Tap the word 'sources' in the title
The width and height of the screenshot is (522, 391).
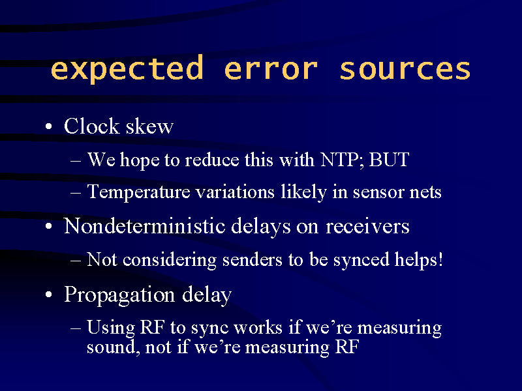[x=405, y=69]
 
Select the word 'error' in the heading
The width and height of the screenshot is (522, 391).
[x=271, y=69]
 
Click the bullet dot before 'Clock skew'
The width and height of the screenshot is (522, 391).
[x=48, y=126]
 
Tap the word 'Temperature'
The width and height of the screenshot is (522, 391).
[x=138, y=192]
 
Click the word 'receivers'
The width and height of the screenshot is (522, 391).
[x=367, y=226]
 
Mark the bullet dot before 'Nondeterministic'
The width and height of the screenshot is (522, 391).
[x=48, y=226]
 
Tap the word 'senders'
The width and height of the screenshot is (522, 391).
[x=252, y=259]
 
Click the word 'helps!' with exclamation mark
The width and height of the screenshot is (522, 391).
[x=418, y=259]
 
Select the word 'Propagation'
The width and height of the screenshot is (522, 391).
[x=119, y=295]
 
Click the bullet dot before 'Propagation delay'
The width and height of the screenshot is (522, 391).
[x=48, y=295]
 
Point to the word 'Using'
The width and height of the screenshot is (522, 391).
[x=110, y=328]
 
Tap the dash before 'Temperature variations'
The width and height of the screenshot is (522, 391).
[x=76, y=193]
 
